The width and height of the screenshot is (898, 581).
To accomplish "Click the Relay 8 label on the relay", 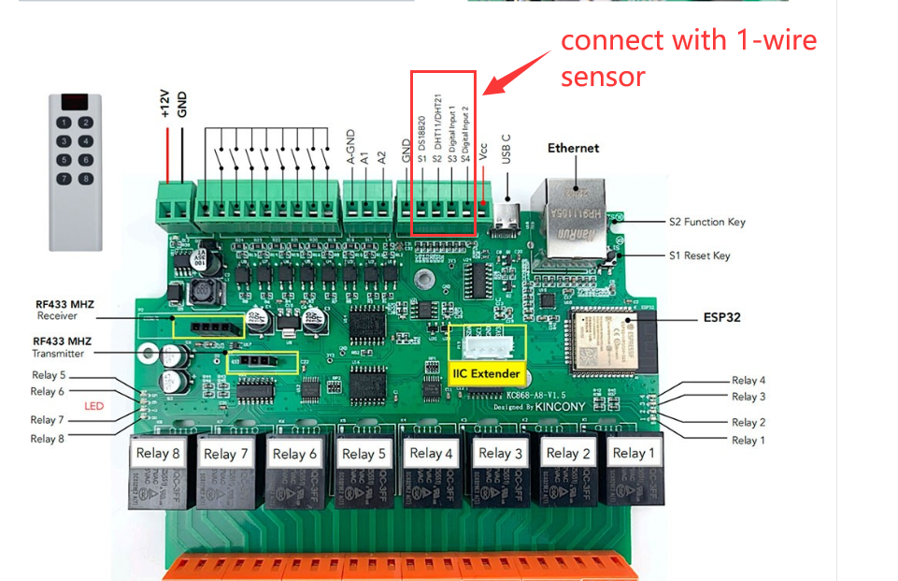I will [x=158, y=454].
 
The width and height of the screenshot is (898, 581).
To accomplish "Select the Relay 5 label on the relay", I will [x=363, y=454].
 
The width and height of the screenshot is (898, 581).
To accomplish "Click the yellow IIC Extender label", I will [x=486, y=373].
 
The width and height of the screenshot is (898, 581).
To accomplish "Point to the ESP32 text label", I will [x=721, y=317].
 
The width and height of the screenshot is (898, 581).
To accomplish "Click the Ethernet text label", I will [x=573, y=148].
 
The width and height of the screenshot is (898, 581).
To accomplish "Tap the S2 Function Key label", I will [x=706, y=222].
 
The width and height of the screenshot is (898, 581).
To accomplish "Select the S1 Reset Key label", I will [x=699, y=255].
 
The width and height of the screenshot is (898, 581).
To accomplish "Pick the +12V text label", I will [x=164, y=103].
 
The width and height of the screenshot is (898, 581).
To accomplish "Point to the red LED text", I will [x=94, y=406].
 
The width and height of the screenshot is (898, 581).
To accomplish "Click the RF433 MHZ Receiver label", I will [x=64, y=310].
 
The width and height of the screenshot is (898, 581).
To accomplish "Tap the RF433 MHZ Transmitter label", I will [x=64, y=347].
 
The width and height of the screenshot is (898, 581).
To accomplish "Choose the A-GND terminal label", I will [x=350, y=147].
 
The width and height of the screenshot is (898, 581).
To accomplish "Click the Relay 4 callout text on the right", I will [x=748, y=381].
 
